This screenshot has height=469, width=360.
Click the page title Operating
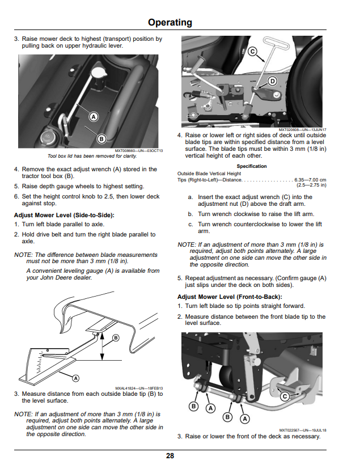coord(170,23)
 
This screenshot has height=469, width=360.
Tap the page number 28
coord(170,456)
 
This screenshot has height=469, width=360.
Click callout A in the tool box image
coord(94,117)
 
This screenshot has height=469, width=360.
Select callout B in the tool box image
coord(101,139)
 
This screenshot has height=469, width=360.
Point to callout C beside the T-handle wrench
coord(252,52)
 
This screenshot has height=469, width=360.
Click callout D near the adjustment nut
coord(272,81)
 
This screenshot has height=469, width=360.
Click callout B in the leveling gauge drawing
coord(116,338)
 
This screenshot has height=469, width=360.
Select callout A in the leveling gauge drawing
coord(76,378)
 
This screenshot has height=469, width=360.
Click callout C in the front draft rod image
coord(285,396)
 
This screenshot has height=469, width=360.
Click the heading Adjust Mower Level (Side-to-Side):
coord(64,215)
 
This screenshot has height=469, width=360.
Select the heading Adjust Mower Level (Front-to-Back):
coord(230,297)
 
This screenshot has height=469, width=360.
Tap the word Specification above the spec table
coord(252,166)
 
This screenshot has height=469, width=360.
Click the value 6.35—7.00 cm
coord(310,180)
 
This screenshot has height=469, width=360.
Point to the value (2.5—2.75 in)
coord(311,185)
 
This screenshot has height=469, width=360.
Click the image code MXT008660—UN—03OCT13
coord(139,150)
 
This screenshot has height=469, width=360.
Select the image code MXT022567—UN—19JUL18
coord(303,430)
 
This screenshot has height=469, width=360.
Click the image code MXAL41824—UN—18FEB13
coord(139,388)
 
